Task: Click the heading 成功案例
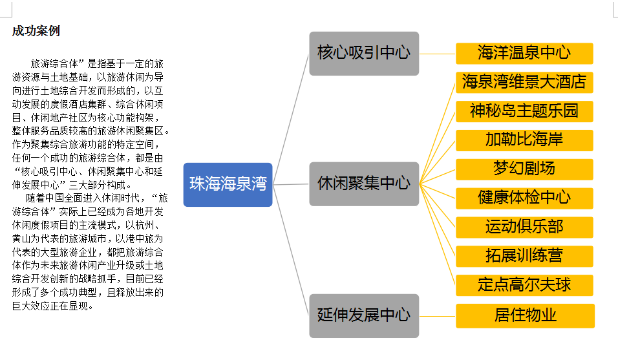coord(36,32)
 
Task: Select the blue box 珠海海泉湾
coord(228,184)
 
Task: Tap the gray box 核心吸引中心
coord(364,53)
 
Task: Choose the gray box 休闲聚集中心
coord(364,184)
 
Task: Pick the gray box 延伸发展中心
coord(364,315)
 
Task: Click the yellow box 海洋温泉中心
coord(524,53)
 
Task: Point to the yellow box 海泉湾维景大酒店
coord(524,82)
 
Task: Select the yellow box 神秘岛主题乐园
coord(524,111)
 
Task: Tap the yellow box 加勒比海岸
coord(524,140)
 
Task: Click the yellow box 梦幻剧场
coord(524,169)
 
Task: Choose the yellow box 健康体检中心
coord(524,198)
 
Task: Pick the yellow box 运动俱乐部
coord(524,227)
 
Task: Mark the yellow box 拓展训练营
coord(524,256)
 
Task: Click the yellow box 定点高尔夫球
coord(524,285)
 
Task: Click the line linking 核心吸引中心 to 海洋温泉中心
coord(438,54)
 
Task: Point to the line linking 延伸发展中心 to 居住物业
coord(438,316)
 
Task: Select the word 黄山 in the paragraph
coord(22,238)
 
